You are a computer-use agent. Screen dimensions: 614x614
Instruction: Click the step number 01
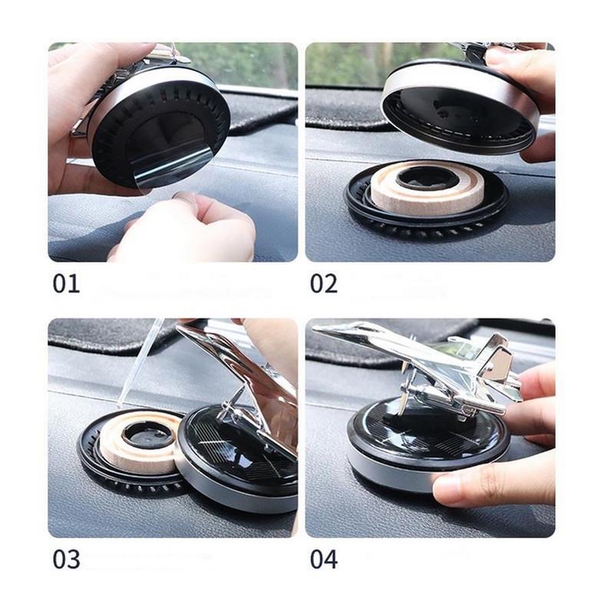pos(66,284)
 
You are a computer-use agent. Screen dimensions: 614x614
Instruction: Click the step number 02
pos(323,284)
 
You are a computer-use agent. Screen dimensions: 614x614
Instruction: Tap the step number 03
pos(66,560)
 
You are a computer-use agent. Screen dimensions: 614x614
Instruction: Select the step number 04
pos(323,560)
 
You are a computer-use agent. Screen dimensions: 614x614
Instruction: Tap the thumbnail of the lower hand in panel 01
pos(185,197)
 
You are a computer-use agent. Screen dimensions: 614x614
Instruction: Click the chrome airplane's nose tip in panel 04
pos(314,329)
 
